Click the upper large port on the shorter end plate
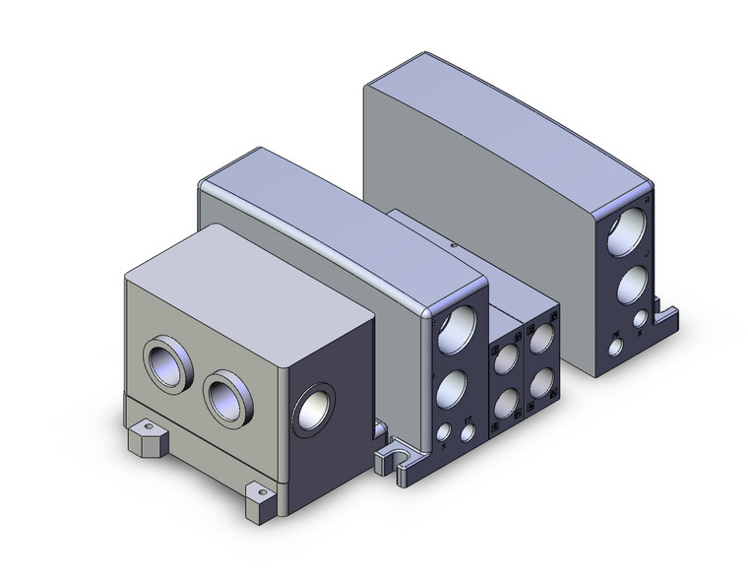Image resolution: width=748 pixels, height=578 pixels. [x=458, y=330]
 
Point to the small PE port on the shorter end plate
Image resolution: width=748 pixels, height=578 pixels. [x=443, y=433]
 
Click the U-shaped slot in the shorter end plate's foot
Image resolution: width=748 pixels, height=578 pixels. [x=401, y=459]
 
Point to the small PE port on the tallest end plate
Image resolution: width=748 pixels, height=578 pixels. [x=615, y=347]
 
